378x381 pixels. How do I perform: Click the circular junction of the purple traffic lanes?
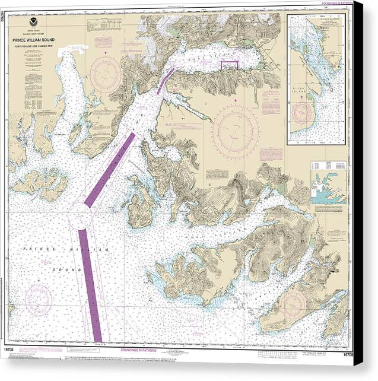(80, 218)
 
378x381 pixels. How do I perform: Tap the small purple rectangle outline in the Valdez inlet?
(230, 65)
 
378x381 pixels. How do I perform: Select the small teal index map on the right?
(328, 190)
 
